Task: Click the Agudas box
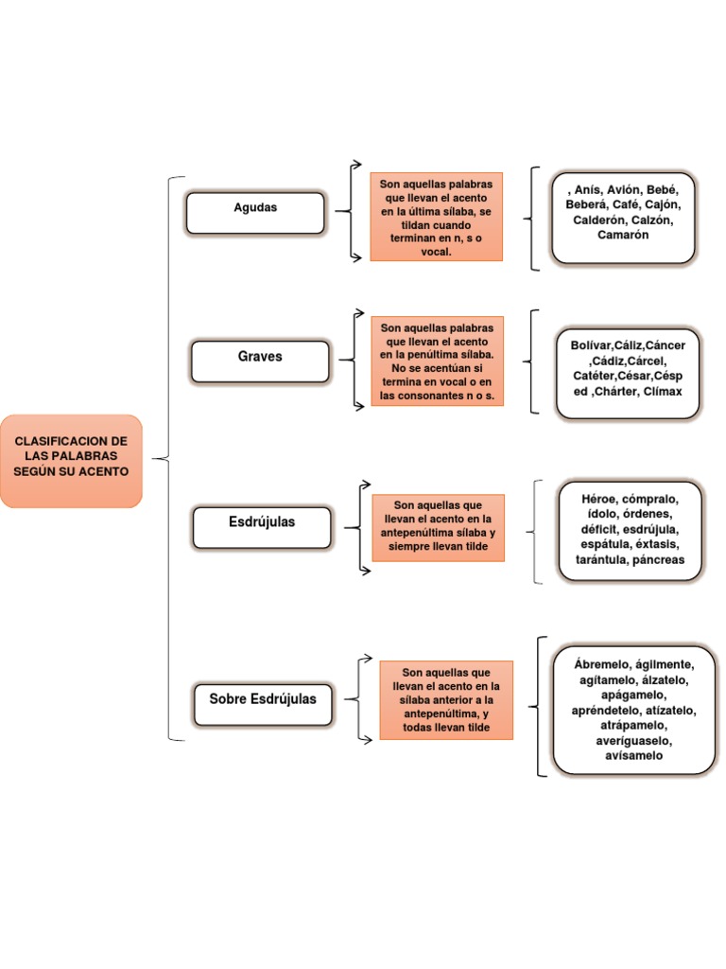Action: [255, 213]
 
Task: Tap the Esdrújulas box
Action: [262, 527]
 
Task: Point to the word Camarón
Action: [623, 235]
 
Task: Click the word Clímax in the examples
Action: [662, 391]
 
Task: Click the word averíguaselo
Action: [632, 740]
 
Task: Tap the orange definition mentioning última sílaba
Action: [436, 217]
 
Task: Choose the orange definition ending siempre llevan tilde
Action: [438, 527]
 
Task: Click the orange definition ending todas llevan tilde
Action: [446, 699]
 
